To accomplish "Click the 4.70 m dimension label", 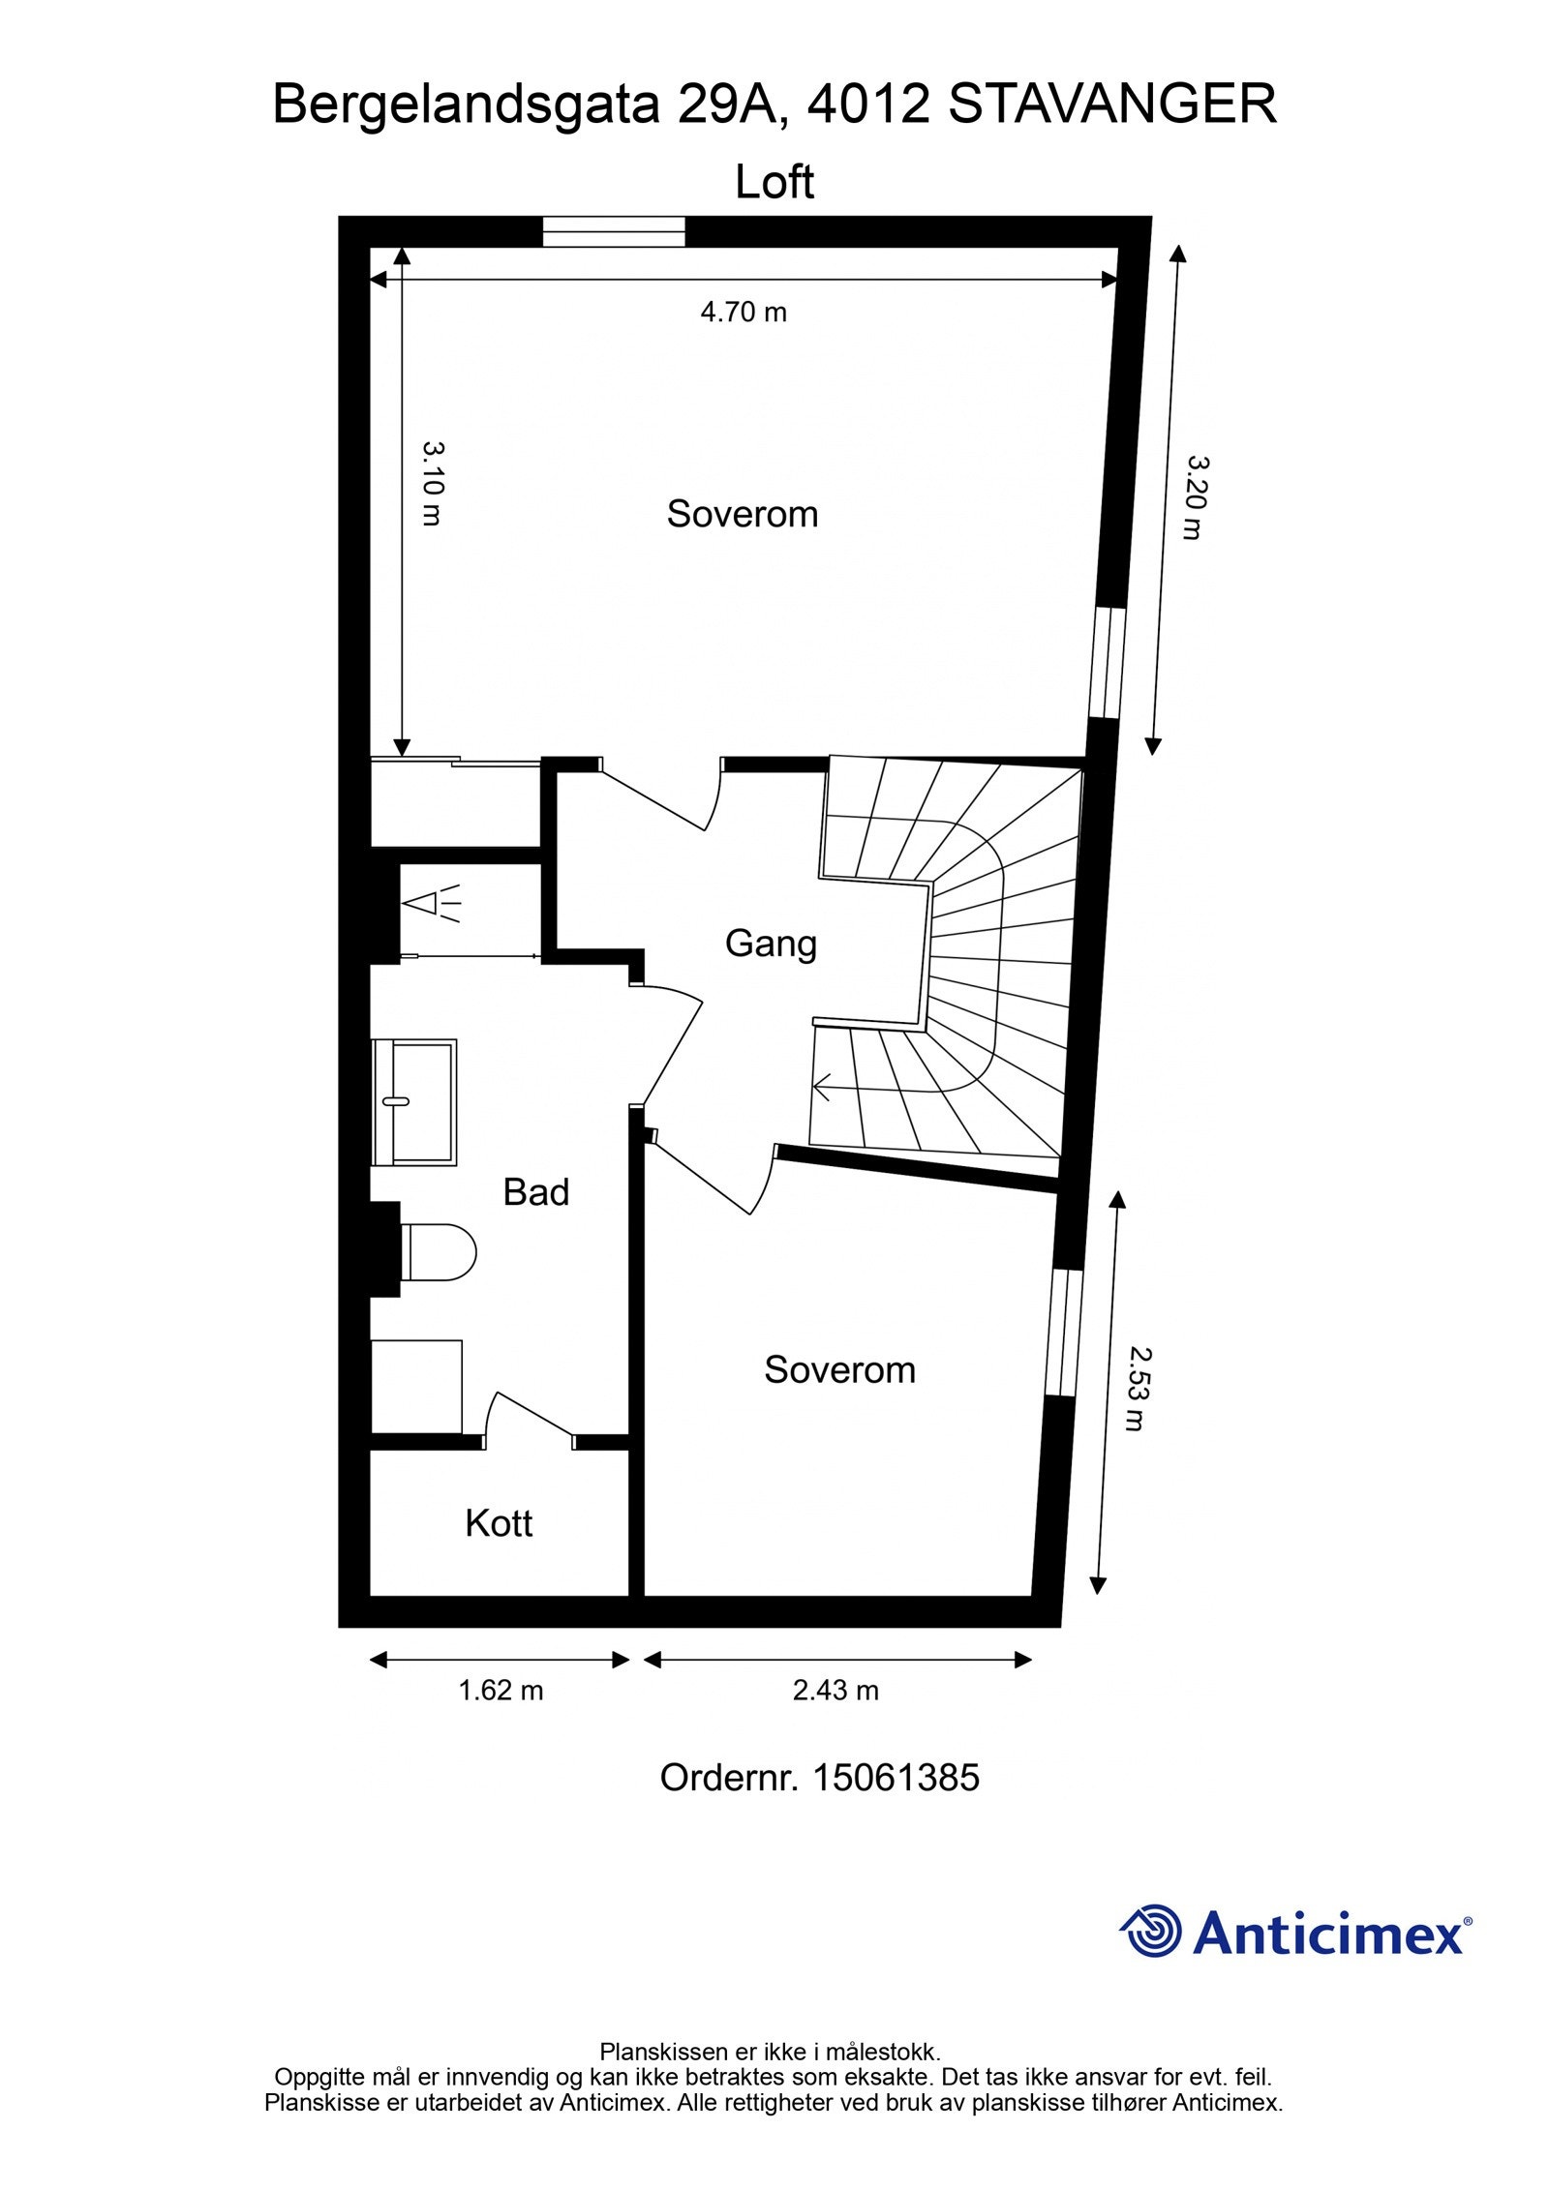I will coord(743,313).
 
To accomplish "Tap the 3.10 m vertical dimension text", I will coord(433,483).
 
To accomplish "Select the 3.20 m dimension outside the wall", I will coord(1195,497).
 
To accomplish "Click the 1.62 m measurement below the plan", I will coord(500,1690).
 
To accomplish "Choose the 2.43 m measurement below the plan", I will coord(835,1690).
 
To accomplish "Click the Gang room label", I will coord(771,944).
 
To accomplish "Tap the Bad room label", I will coord(535,1192).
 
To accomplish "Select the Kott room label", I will coord(499,1523).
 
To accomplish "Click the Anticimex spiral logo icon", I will coord(1152,1930).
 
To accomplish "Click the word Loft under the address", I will coord(774,182).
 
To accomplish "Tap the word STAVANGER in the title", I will coord(1111,105).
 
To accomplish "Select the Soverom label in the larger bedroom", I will coord(742,514).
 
